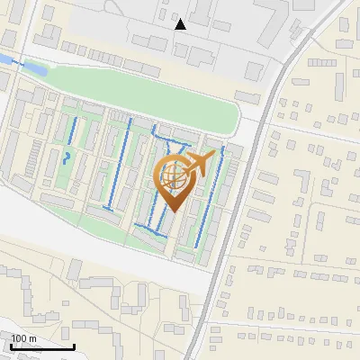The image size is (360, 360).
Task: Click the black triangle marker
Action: [181, 23]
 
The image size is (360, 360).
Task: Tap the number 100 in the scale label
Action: [20, 338]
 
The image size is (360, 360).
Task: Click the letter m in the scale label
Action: [33, 338]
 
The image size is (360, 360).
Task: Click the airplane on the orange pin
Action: [200, 165]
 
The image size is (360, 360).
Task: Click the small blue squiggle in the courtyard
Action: [67, 159]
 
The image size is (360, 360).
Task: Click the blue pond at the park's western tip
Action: [33, 67]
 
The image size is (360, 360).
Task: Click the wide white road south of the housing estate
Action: [108, 247]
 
